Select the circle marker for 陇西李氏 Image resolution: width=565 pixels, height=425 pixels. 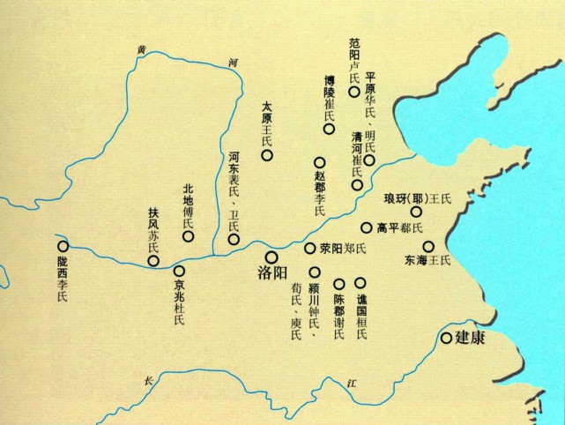62,247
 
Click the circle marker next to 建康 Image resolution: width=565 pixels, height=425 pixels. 447,338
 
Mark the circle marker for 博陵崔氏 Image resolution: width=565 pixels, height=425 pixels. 328,129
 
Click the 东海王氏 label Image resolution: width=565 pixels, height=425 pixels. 427,261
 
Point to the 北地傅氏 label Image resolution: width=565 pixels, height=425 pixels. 187,206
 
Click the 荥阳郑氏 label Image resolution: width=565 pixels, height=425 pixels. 341,249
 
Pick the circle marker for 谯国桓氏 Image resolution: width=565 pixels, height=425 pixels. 360,283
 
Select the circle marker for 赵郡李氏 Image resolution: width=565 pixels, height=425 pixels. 319,163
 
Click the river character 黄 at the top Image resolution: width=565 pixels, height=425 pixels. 140,49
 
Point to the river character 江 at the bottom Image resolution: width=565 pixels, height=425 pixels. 353,383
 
